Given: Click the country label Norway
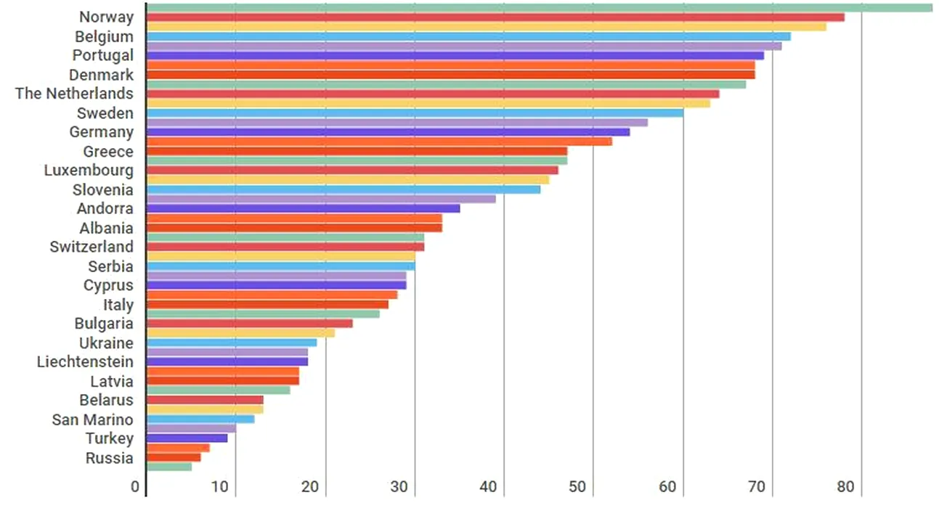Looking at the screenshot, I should coord(106,17).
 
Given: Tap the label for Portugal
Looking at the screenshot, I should coord(102,55).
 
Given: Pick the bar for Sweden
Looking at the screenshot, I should coord(414,112).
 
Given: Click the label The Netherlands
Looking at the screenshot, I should coord(74,94).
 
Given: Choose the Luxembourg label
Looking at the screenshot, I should coord(89,171).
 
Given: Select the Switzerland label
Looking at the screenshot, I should coord(92,247).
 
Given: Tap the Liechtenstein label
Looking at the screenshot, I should coord(85,361).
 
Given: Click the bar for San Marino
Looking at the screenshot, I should coord(200,419).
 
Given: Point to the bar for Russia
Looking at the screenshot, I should coord(173,457).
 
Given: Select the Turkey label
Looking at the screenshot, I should coord(109,438).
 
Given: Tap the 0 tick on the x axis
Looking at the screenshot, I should coord(135,486).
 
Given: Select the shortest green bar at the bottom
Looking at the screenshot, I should coord(168,467).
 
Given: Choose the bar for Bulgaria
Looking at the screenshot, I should coord(249,323).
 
